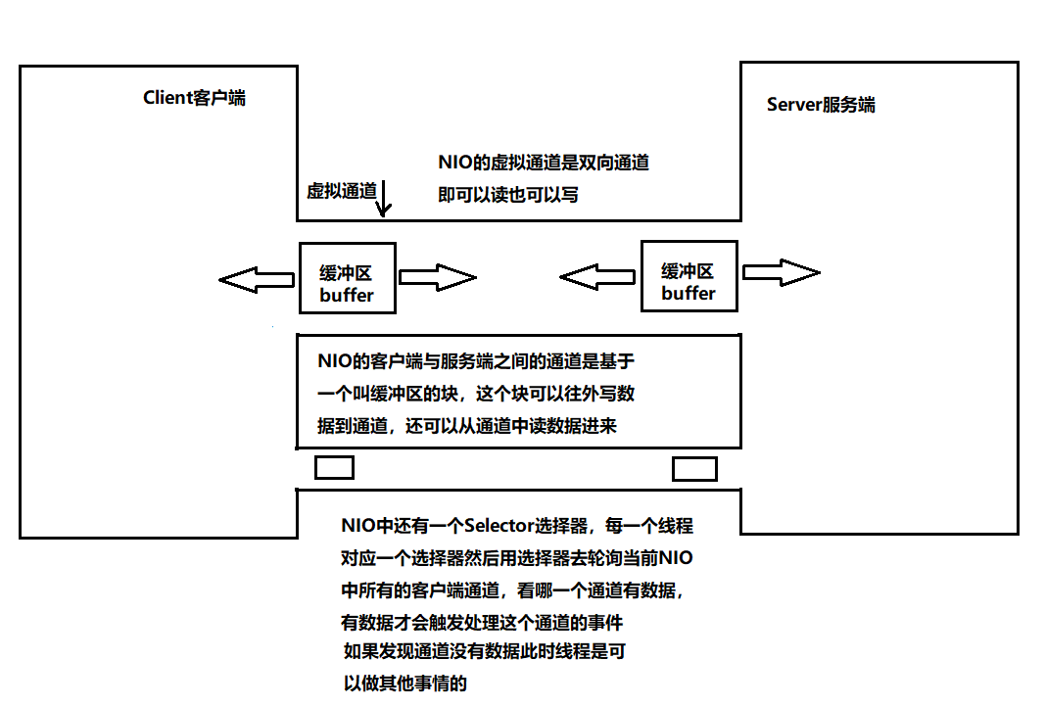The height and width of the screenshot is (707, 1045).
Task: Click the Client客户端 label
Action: (x=194, y=97)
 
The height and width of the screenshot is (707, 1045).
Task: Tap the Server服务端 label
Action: (x=821, y=105)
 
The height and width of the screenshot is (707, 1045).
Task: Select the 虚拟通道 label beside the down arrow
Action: (x=342, y=191)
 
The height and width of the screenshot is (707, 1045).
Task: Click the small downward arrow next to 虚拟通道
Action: (x=385, y=197)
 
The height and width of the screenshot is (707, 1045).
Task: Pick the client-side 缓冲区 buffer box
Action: (x=347, y=279)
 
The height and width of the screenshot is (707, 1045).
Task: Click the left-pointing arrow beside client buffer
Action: (x=257, y=280)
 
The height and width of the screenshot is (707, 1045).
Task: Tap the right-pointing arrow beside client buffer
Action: (x=437, y=278)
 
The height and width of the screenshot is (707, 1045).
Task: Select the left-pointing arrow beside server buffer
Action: (x=597, y=278)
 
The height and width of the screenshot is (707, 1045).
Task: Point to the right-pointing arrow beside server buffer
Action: (x=781, y=271)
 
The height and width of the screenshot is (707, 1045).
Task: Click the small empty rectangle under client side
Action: (x=334, y=467)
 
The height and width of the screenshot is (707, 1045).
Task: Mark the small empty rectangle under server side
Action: (x=694, y=469)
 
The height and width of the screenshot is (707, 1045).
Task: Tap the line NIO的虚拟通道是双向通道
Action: (x=544, y=163)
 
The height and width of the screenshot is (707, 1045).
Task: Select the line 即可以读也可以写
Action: (x=508, y=194)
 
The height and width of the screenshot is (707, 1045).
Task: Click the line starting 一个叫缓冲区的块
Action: (x=476, y=395)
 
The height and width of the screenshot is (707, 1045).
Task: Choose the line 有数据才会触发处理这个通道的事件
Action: (x=482, y=622)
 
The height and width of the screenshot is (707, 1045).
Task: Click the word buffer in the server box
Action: (x=688, y=293)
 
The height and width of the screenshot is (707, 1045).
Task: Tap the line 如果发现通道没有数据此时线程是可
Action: (x=484, y=651)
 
